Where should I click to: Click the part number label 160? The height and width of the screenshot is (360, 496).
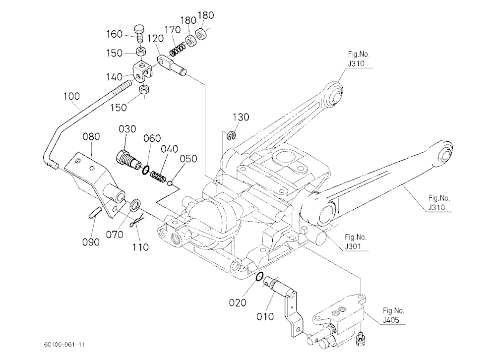pyautogui.click(x=114, y=34)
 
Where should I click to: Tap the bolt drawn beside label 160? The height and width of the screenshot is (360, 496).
pyautogui.click(x=139, y=34)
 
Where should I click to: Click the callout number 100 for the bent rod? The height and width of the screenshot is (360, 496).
pyautogui.click(x=71, y=96)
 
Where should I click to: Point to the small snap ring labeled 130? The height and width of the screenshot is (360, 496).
pyautogui.click(x=232, y=136)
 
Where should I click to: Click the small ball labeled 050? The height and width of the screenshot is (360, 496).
pyautogui.click(x=170, y=182)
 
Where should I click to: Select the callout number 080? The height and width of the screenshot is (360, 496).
pyautogui.click(x=91, y=136)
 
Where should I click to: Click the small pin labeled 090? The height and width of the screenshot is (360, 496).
pyautogui.click(x=95, y=212)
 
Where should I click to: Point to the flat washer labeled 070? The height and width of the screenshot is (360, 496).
pyautogui.click(x=135, y=205)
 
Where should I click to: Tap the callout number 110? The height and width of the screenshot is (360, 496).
pyautogui.click(x=140, y=247)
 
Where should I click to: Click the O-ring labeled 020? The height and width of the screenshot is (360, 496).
pyautogui.click(x=259, y=277)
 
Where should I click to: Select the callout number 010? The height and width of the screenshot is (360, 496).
pyautogui.click(x=265, y=316)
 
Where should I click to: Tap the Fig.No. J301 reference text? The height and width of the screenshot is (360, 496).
pyautogui.click(x=355, y=241)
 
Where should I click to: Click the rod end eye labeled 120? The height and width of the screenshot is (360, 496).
pyautogui.click(x=172, y=65)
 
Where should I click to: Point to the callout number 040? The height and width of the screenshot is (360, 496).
pyautogui.click(x=169, y=149)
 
